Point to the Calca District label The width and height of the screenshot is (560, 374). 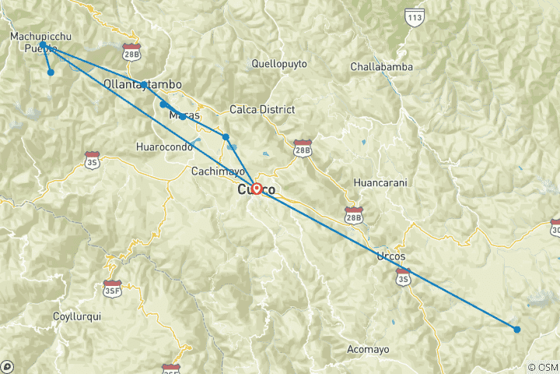(262, 109)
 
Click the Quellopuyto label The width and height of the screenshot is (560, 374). (279, 63)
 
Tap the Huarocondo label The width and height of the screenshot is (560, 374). (163, 146)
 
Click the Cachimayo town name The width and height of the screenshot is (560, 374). (219, 171)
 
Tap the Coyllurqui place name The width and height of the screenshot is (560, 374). (76, 316)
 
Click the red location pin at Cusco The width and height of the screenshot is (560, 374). (256, 188)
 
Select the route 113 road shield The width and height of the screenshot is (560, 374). (415, 16)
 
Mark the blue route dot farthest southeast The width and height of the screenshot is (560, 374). (516, 329)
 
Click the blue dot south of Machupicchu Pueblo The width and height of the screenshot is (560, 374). (51, 72)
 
